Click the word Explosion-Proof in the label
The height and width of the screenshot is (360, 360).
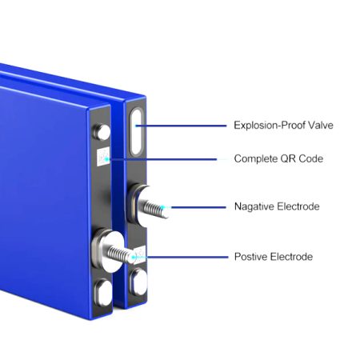pyautogui.click(x=269, y=125)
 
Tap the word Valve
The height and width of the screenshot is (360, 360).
pyautogui.click(x=321, y=125)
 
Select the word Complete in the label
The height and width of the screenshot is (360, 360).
pyautogui.click(x=256, y=158)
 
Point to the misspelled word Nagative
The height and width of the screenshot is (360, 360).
pyautogui.click(x=254, y=206)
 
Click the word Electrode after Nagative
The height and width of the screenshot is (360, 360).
pyautogui.click(x=298, y=206)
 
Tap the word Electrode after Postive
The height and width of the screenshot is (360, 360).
pyautogui.click(x=291, y=257)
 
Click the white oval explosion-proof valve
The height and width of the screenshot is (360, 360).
pyautogui.click(x=136, y=132)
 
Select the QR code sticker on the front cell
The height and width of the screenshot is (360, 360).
pyautogui.click(x=103, y=157)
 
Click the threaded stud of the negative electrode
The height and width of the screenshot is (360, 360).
pyautogui.click(x=154, y=208)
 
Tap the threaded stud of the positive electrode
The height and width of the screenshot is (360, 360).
pyautogui.click(x=121, y=254)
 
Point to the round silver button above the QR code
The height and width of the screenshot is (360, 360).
pyautogui.click(x=102, y=132)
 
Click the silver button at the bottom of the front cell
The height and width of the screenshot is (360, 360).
pyautogui.click(x=103, y=293)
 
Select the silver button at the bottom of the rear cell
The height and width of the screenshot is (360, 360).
pyautogui.click(x=138, y=282)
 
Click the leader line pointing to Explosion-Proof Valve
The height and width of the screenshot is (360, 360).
pyautogui.click(x=181, y=126)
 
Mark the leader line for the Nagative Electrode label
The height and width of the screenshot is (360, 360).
pyautogui.click(x=198, y=207)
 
